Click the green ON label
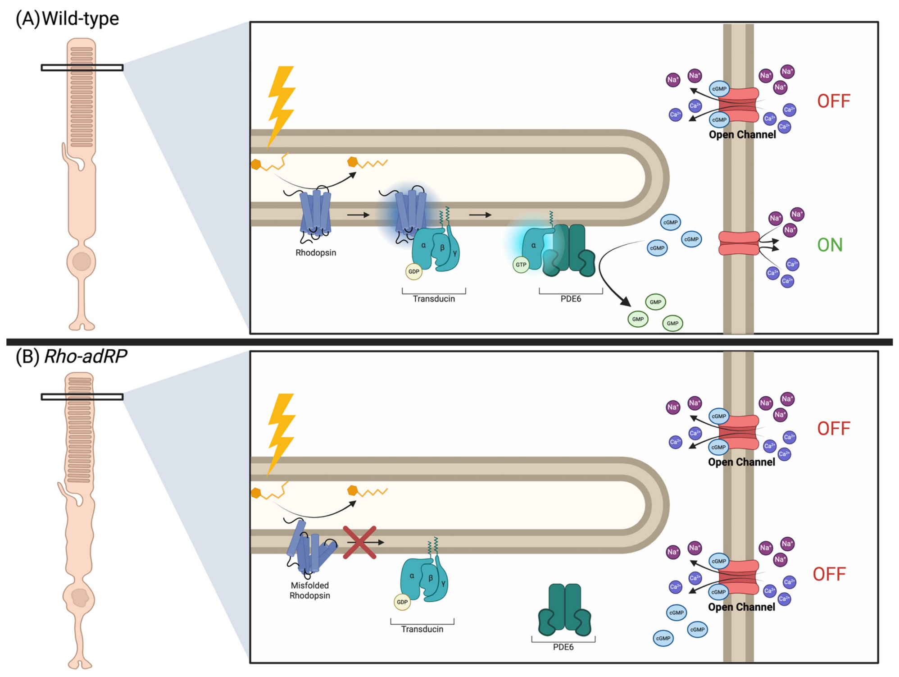[x=830, y=245]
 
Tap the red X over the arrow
[x=359, y=542]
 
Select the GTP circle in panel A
[x=521, y=265]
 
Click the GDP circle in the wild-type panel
[x=413, y=271]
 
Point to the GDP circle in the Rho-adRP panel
[x=402, y=602]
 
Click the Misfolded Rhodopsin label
[x=309, y=590]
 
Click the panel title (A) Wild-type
[x=67, y=19]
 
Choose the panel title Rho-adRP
[x=86, y=356]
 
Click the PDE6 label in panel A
[x=571, y=299]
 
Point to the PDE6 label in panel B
[x=563, y=647]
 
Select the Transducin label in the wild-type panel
[x=434, y=299]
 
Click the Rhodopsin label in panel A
[x=316, y=252]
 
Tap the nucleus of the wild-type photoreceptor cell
[x=82, y=261]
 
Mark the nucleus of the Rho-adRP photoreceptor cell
[x=80, y=597]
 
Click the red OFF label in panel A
[x=834, y=101]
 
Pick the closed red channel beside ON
[x=739, y=243]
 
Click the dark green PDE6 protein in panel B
[x=564, y=609]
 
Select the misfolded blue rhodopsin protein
[x=311, y=549]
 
